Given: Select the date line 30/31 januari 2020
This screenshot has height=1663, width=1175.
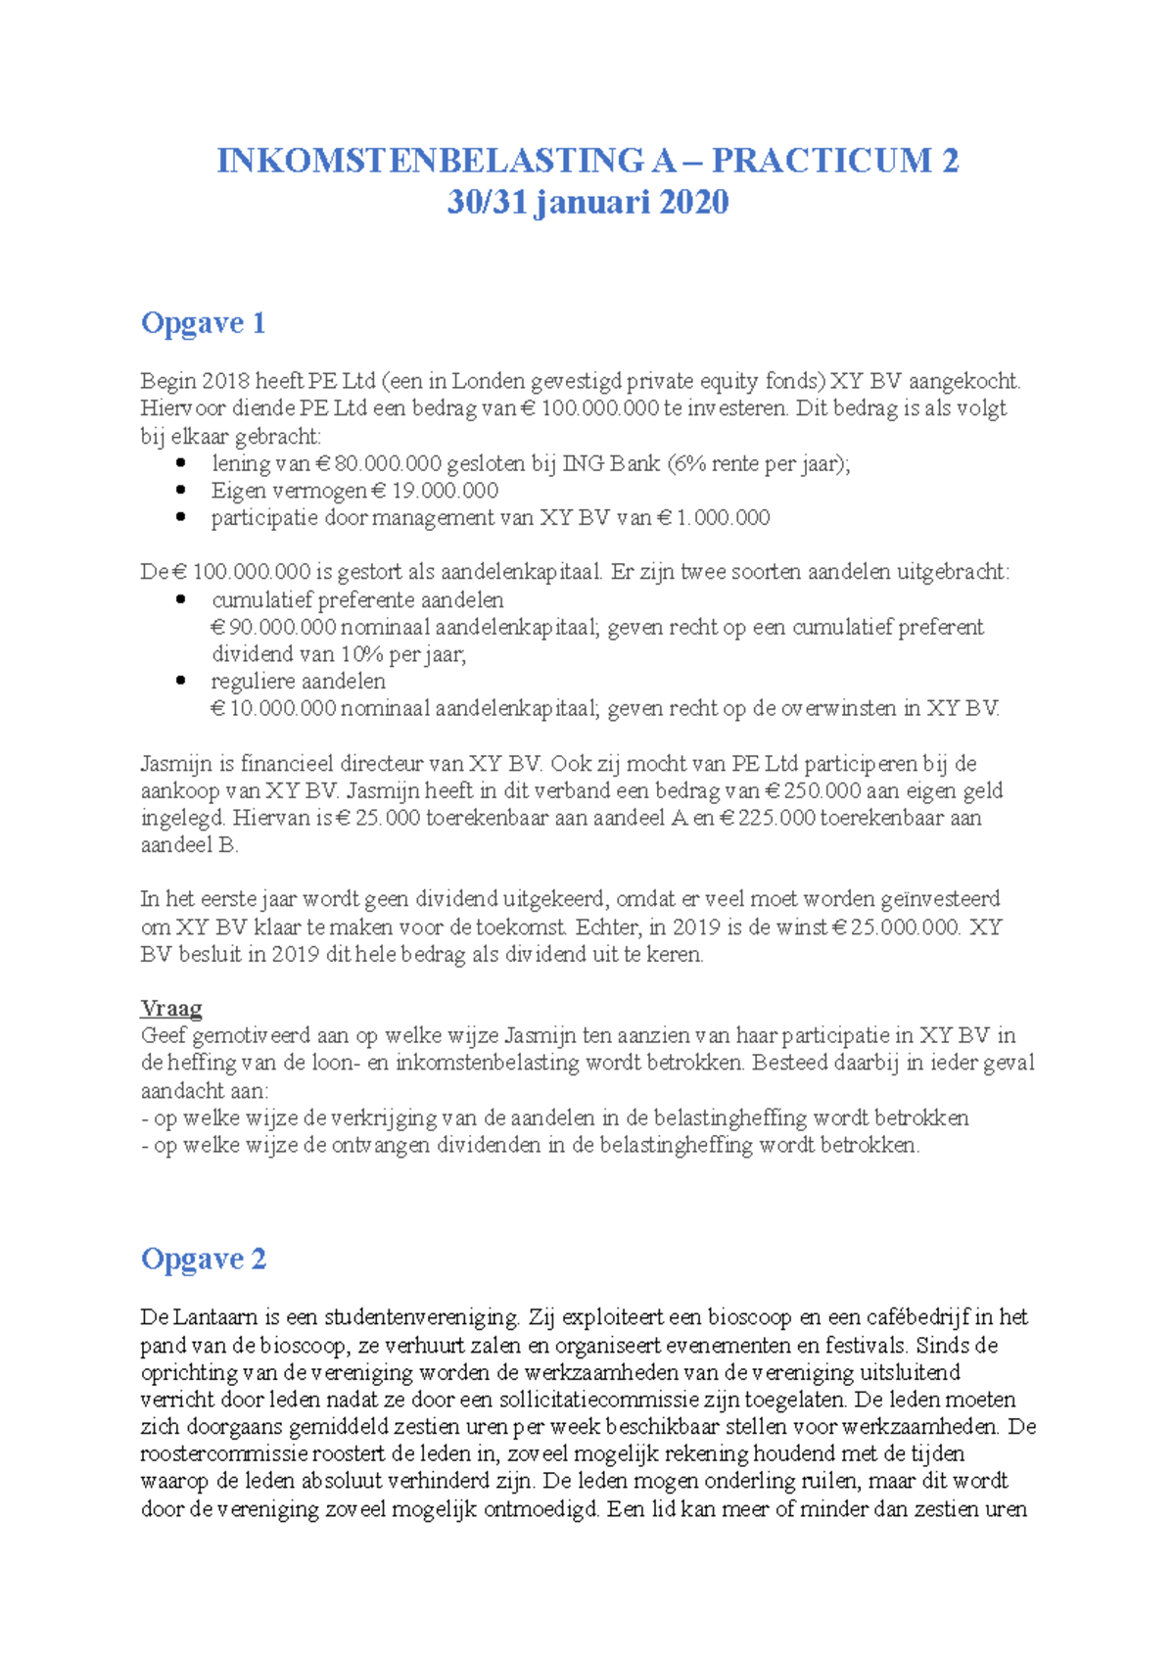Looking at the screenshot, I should [587, 202].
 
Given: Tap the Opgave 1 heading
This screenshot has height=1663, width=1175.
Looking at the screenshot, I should [203, 322].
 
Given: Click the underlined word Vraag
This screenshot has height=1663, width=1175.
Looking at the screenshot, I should [171, 1008].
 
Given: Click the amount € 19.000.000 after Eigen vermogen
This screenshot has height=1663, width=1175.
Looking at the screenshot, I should [436, 491].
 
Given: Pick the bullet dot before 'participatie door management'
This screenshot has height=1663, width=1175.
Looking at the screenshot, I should [180, 517].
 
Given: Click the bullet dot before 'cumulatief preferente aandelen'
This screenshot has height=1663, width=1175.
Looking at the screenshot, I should [180, 599].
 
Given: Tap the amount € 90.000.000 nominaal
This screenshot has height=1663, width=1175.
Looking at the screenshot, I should [274, 627].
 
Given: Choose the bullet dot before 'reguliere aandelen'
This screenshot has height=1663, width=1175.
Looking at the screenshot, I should [180, 681].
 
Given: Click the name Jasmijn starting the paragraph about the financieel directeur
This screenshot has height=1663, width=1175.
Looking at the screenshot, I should [174, 763].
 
